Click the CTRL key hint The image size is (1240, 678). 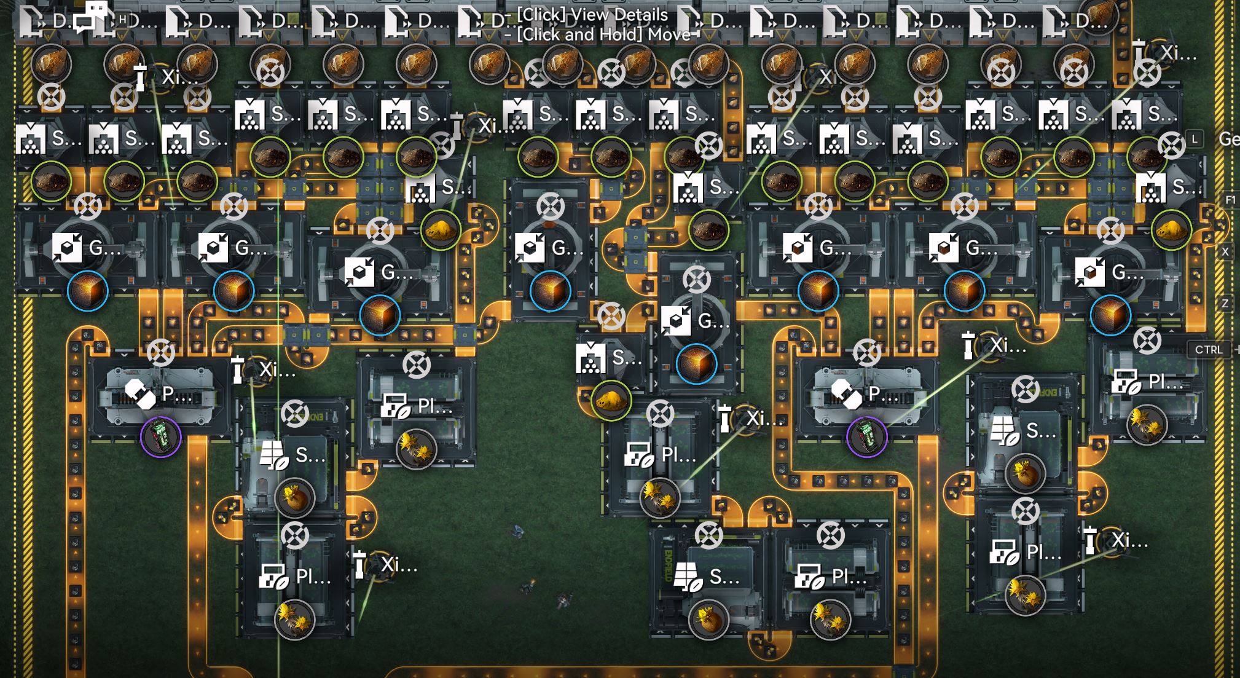tap(1209, 350)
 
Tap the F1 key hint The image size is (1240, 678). tap(1230, 200)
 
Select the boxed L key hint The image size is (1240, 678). tap(1195, 139)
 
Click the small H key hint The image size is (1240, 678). tap(122, 20)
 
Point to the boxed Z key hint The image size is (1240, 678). tap(1225, 303)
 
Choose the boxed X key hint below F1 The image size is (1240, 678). tap(1225, 251)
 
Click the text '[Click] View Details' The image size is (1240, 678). tap(592, 14)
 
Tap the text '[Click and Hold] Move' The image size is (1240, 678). tap(603, 34)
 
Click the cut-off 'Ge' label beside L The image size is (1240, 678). tap(1229, 140)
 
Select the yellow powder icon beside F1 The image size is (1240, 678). tap(1171, 230)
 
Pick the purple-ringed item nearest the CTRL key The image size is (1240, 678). tap(866, 437)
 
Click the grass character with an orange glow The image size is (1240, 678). tap(563, 599)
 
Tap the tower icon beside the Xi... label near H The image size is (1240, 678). tap(141, 76)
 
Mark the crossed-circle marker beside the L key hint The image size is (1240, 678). tap(1171, 145)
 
